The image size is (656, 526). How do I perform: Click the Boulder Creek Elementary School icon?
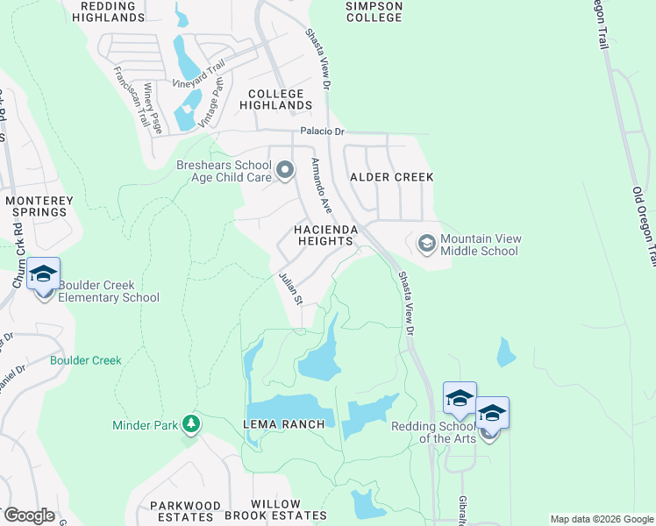click(44, 274)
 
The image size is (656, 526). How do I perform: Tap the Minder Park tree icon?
click(191, 425)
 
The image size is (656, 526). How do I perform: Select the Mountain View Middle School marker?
click(427, 243)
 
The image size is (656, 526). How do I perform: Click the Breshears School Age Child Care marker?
click(285, 170)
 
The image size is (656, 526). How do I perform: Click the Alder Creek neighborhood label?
click(392, 177)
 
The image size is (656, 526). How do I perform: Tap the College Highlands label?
click(275, 99)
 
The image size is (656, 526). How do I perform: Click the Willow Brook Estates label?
click(289, 511)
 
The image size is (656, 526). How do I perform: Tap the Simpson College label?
click(374, 11)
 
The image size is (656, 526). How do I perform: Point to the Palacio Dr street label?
click(324, 131)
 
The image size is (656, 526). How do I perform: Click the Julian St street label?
click(290, 288)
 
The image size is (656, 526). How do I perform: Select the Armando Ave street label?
click(321, 186)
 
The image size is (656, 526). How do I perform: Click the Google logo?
click(28, 515)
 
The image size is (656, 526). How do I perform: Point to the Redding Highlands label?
click(112, 11)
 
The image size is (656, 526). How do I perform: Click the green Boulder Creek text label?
click(85, 360)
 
